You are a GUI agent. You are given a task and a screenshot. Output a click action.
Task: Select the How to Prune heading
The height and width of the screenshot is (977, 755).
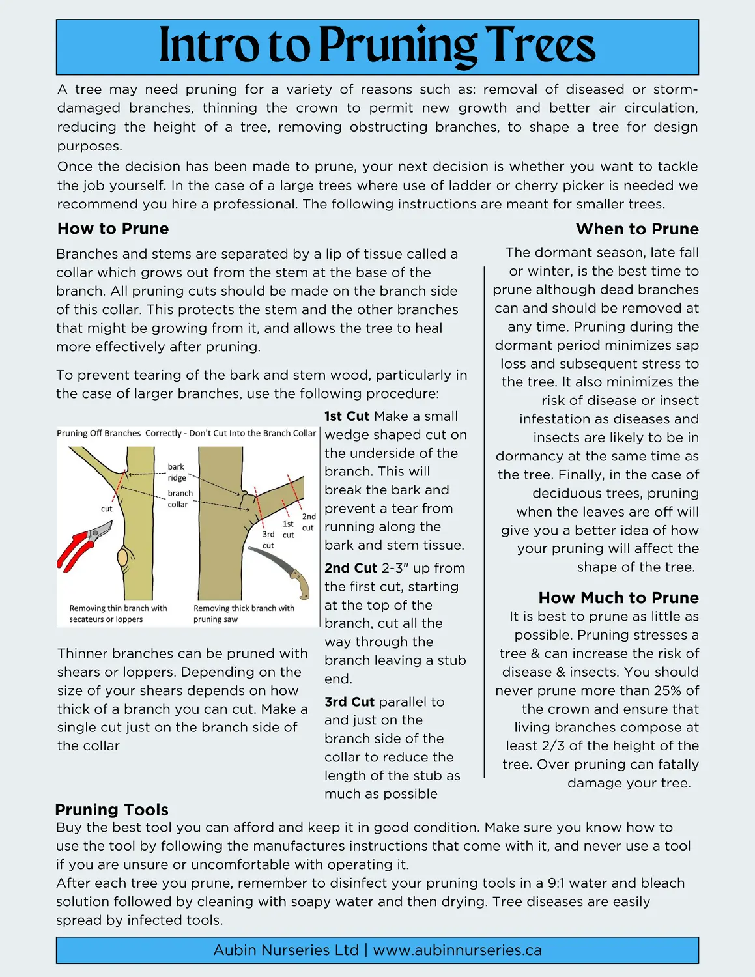(113, 229)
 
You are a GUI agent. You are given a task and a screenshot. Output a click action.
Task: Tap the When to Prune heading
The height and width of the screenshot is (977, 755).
(636, 229)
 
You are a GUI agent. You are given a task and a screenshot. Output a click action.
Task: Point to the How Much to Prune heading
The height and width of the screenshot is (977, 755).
(618, 598)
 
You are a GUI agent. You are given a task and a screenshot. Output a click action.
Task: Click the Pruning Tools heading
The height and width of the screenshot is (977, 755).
(111, 810)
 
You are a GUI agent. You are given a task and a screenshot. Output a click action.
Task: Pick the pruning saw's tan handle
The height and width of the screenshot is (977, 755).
(300, 584)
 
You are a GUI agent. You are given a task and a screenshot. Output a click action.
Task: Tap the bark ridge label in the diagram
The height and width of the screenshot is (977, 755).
(177, 472)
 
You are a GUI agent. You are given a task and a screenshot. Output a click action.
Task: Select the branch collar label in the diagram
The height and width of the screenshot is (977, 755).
(179, 499)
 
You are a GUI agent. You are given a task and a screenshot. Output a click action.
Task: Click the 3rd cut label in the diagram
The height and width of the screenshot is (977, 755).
(268, 540)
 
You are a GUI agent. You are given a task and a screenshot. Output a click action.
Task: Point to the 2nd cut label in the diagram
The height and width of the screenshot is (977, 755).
(309, 522)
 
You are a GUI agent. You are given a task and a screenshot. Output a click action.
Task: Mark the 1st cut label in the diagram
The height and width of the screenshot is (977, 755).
(288, 529)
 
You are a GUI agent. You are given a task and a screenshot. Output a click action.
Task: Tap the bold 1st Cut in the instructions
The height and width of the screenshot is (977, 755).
(347, 416)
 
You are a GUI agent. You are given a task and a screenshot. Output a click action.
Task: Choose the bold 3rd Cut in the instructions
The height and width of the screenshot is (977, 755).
(349, 702)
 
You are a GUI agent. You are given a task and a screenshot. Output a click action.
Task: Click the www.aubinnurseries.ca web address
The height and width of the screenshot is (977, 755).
(457, 950)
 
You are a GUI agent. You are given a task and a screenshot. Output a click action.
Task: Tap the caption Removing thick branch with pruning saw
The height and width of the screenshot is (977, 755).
(244, 614)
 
